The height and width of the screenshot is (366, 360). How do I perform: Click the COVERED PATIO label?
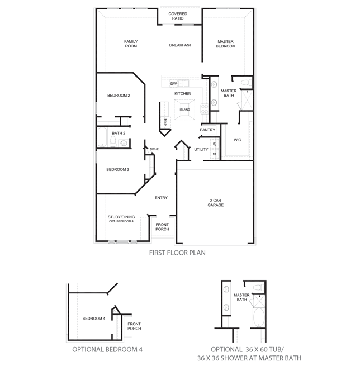click(x=178, y=16)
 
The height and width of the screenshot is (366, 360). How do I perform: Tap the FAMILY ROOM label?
click(x=131, y=44)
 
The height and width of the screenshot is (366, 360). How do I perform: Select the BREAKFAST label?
click(x=180, y=45)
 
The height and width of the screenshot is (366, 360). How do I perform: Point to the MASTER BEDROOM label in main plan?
click(x=226, y=44)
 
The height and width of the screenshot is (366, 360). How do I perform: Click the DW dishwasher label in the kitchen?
click(x=173, y=84)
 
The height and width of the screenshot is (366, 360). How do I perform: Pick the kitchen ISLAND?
click(x=184, y=109)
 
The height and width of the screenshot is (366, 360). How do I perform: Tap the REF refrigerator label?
click(x=165, y=121)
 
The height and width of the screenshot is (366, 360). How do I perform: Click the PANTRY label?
click(x=207, y=130)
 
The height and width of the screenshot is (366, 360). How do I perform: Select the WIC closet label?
click(x=237, y=140)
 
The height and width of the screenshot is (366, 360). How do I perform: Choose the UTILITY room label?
click(x=201, y=150)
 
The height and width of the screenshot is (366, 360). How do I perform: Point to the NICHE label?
click(x=155, y=149)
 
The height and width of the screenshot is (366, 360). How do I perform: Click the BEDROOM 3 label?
click(x=118, y=169)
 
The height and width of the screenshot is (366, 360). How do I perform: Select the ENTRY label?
click(x=161, y=198)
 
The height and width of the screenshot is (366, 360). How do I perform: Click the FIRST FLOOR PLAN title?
click(x=177, y=253)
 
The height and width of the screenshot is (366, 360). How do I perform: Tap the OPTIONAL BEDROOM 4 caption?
click(x=108, y=349)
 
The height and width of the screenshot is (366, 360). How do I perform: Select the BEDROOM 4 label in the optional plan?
click(x=94, y=319)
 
